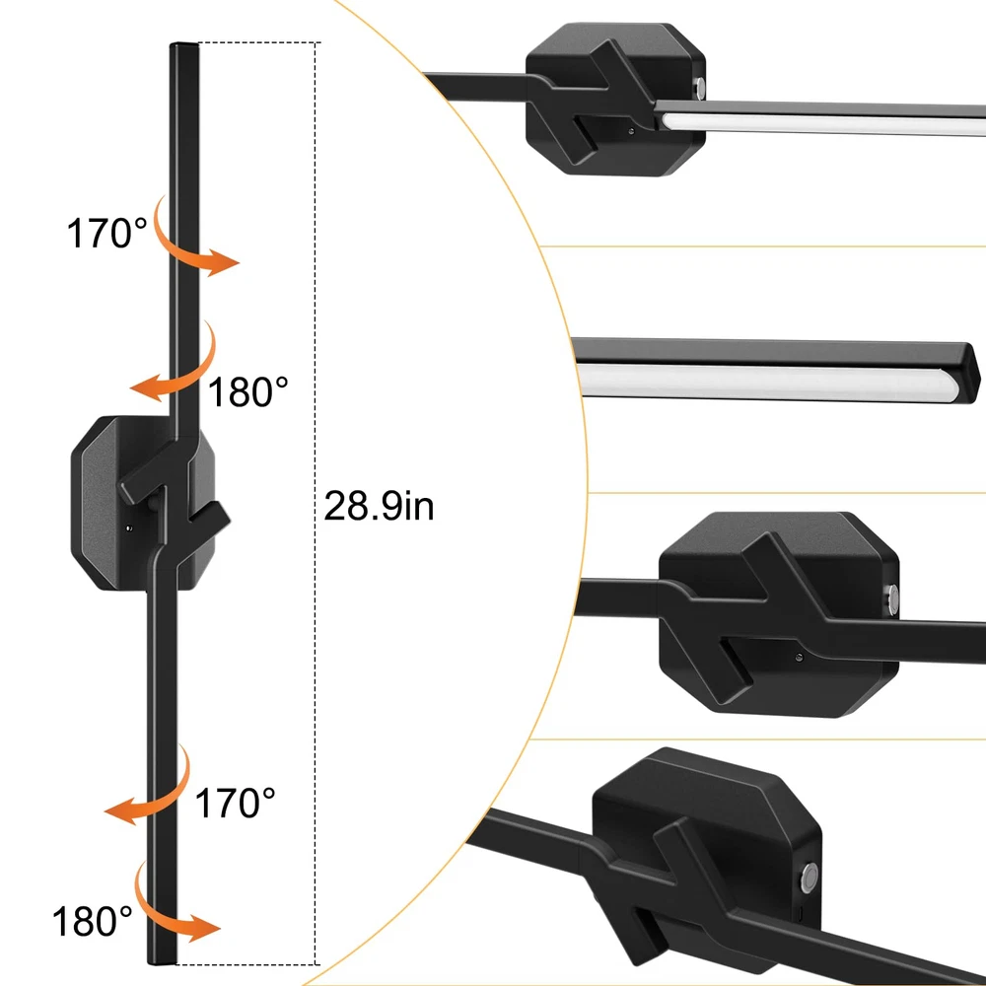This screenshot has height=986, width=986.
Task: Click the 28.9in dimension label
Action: point(379,506)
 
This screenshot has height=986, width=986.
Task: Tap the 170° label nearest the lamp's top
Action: point(106,234)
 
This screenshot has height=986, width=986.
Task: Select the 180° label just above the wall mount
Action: point(247,391)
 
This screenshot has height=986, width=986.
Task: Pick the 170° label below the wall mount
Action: point(236,803)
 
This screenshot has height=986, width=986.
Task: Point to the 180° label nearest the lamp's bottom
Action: point(93,922)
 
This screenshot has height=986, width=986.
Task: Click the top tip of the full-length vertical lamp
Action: point(183,44)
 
